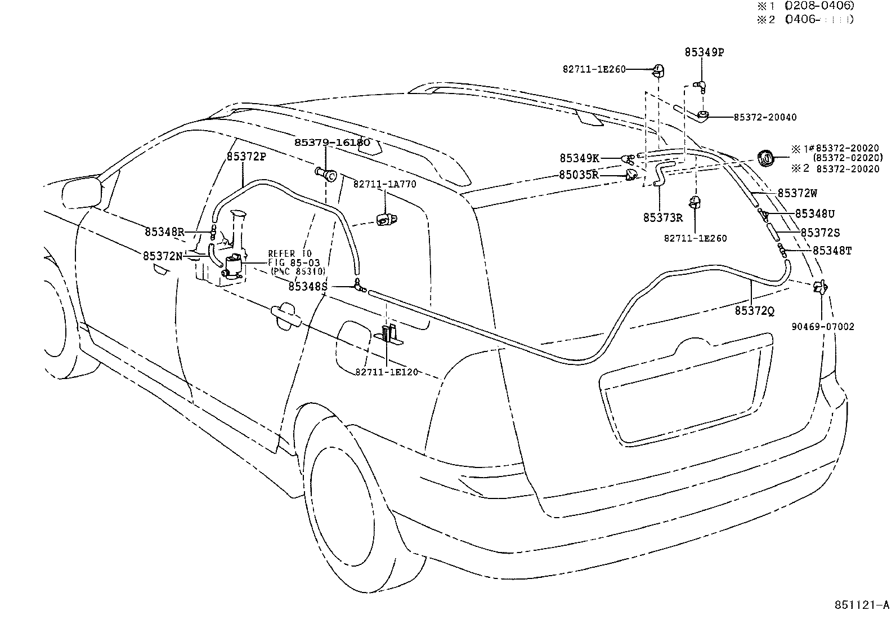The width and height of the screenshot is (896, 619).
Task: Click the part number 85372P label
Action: tap(246, 157)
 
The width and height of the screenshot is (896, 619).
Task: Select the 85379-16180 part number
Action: tap(332, 142)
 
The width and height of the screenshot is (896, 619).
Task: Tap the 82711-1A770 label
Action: tap(384, 184)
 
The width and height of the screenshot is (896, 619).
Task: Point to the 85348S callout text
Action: tap(307, 287)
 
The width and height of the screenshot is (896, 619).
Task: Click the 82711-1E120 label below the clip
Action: tap(387, 372)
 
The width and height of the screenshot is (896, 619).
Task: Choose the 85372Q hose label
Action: tap(754, 310)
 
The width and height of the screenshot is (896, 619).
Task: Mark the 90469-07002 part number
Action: tap(822, 327)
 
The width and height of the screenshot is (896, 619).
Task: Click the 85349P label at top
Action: tap(704, 52)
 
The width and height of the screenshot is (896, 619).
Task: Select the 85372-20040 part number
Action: tap(765, 117)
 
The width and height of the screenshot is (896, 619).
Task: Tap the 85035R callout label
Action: tap(579, 175)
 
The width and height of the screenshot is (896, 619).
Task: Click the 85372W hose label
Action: tap(798, 193)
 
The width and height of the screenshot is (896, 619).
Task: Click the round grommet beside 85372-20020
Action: tap(766, 159)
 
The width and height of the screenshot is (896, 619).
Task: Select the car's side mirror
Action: tap(82, 193)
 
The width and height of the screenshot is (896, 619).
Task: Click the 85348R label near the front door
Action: tap(164, 231)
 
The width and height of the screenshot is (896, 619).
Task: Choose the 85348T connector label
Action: tap(832, 251)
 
